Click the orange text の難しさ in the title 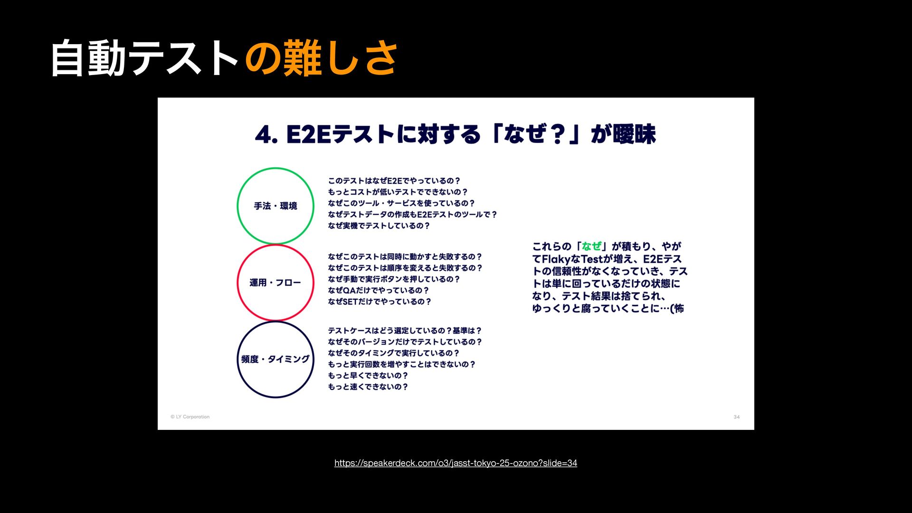click(x=321, y=58)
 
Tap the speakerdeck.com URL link click(x=456, y=463)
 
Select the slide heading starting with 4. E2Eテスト click(x=455, y=134)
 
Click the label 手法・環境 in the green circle click(x=275, y=206)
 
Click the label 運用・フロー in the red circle click(x=275, y=283)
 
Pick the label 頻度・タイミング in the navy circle click(x=275, y=360)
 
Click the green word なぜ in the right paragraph click(x=591, y=247)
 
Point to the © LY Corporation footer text click(x=190, y=417)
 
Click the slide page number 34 click(x=737, y=417)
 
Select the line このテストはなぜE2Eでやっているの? click(x=394, y=181)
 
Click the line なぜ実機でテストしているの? click(x=379, y=226)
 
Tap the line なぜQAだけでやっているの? click(x=379, y=291)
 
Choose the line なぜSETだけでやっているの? click(x=380, y=302)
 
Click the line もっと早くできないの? click(x=368, y=376)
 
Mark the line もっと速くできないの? click(x=368, y=387)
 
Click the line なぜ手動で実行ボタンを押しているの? click(x=394, y=279)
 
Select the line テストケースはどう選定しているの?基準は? click(x=405, y=331)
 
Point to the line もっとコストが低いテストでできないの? click(x=398, y=192)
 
